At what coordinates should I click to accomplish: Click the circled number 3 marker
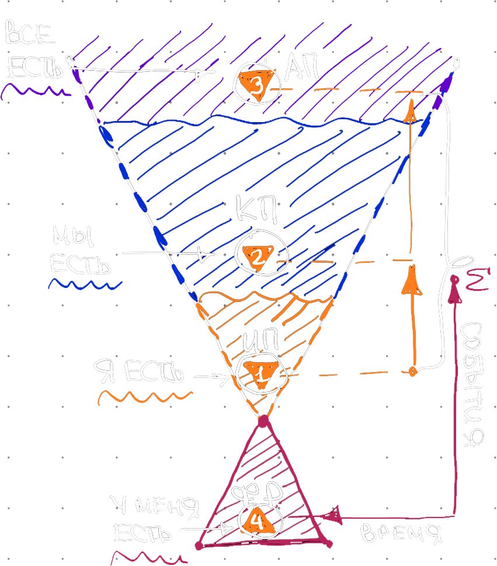point(255,83)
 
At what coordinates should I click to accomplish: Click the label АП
point(302,70)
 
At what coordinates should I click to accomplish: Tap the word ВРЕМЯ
point(400,533)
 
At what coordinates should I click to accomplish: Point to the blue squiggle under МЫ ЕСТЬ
point(85,284)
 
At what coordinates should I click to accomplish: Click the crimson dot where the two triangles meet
point(264,421)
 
